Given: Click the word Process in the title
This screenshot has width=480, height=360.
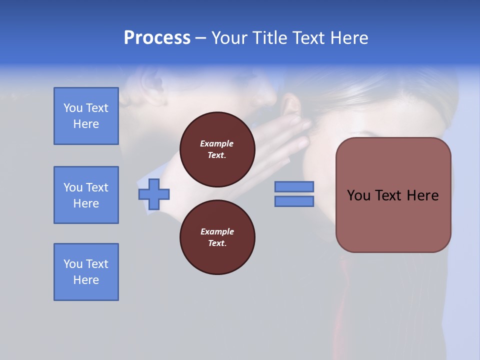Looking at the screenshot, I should pyautogui.click(x=157, y=38).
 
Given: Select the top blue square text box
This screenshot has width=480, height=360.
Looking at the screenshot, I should pyautogui.click(x=86, y=116).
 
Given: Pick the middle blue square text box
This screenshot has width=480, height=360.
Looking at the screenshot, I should pyautogui.click(x=86, y=195).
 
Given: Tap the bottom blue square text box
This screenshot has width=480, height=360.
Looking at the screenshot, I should pyautogui.click(x=86, y=272).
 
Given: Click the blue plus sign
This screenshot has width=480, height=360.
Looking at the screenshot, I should pyautogui.click(x=154, y=194).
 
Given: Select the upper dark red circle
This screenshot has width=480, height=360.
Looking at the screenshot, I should pyautogui.click(x=217, y=149).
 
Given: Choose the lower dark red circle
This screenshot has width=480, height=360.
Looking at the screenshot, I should pyautogui.click(x=217, y=237).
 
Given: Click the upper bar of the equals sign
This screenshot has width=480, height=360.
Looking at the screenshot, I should pyautogui.click(x=294, y=186).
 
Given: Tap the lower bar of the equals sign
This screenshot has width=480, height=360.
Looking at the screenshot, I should pyautogui.click(x=294, y=201).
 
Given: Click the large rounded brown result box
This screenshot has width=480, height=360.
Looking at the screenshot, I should pyautogui.click(x=393, y=195).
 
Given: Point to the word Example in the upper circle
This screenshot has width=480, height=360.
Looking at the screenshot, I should pyautogui.click(x=217, y=143).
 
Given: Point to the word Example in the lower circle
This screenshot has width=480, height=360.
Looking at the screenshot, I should pyautogui.click(x=217, y=231).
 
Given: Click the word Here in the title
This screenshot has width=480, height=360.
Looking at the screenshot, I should pyautogui.click(x=348, y=38).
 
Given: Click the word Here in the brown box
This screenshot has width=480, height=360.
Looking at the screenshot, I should pyautogui.click(x=422, y=195).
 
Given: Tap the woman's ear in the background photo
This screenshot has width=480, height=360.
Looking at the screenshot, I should pyautogui.click(x=292, y=107).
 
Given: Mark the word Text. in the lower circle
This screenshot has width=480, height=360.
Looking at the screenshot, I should pyautogui.click(x=217, y=243).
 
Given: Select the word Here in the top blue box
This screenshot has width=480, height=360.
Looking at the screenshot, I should pyautogui.click(x=86, y=124).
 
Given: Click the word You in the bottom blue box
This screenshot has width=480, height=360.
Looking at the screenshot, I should pyautogui.click(x=72, y=264).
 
